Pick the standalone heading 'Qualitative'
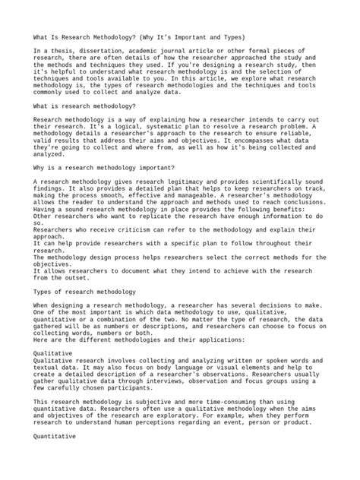tap(53, 332)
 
